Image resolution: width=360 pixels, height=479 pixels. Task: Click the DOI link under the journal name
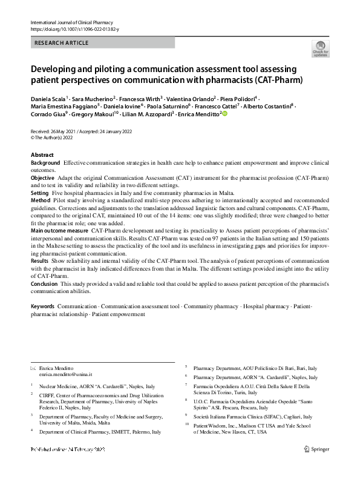tap(74, 29)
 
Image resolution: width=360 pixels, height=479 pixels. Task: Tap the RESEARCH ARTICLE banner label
tap(62, 43)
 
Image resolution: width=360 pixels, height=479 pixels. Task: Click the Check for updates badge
tap(319, 49)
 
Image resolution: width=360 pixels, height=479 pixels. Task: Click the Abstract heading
tap(42, 155)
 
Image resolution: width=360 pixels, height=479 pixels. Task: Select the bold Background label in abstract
tap(45, 164)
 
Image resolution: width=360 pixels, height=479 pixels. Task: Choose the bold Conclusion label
tap(44, 283)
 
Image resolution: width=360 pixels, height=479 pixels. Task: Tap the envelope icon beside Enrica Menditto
tap(33, 369)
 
